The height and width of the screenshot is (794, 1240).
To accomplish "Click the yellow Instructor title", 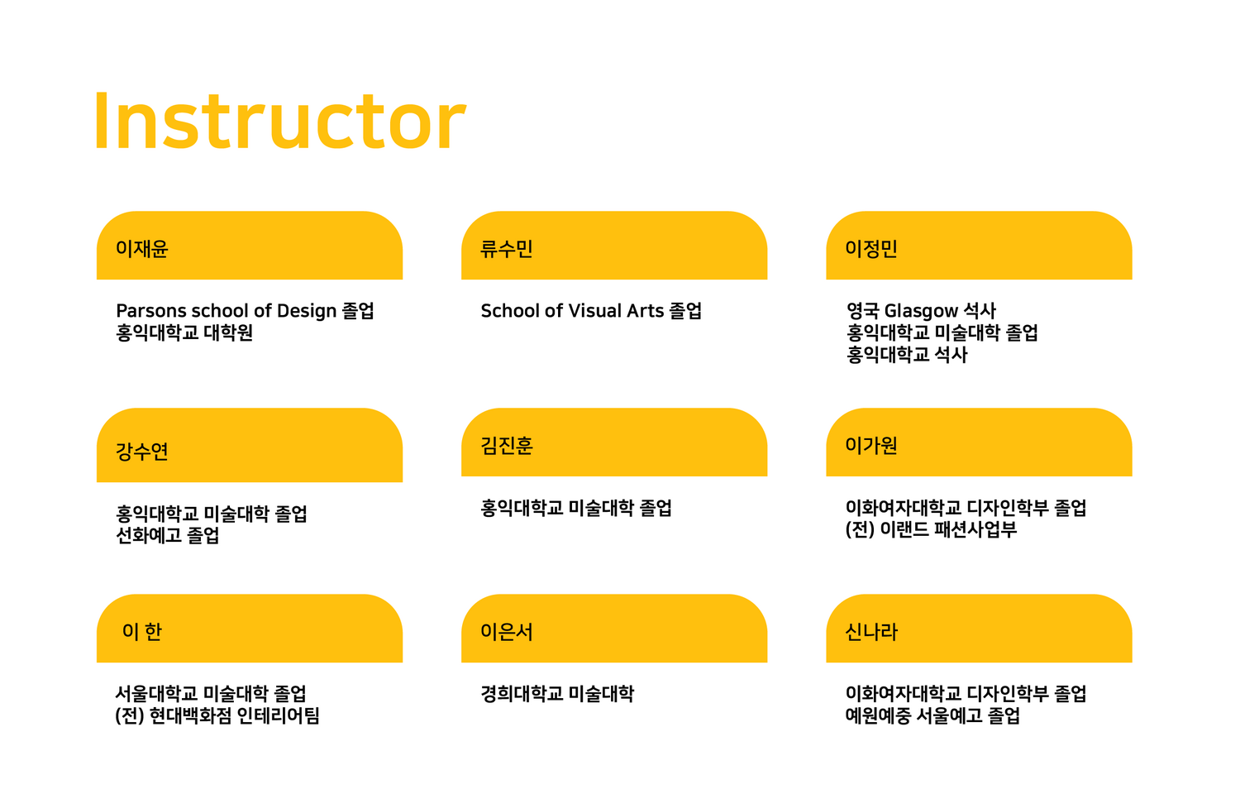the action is click(x=280, y=122).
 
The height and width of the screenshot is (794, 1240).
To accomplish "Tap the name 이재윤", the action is click(x=141, y=249).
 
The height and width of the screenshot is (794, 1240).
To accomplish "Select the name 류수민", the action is click(x=507, y=249).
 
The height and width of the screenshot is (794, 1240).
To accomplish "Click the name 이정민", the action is click(x=871, y=249).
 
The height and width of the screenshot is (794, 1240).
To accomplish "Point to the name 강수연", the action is click(x=141, y=452).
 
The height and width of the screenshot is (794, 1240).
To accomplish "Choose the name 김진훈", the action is click(x=507, y=446).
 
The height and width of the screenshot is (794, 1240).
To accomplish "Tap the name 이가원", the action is click(x=871, y=446).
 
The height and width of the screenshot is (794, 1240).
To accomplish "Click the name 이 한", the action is click(x=141, y=632).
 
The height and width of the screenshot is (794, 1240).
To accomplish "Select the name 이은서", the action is click(x=507, y=632).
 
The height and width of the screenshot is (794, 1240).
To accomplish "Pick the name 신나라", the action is click(x=871, y=632).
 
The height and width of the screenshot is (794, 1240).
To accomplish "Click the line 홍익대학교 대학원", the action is click(x=184, y=332).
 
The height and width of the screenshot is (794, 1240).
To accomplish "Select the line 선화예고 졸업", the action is click(x=167, y=535).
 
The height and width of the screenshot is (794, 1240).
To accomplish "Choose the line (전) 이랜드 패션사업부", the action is click(x=931, y=530).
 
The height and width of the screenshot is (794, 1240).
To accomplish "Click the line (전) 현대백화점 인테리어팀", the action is click(x=217, y=716).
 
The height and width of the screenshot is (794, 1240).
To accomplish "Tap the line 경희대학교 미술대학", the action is click(x=557, y=694).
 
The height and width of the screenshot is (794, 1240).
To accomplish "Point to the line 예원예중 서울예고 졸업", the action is click(x=932, y=716).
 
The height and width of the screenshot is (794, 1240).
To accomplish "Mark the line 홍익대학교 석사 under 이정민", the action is click(x=907, y=355).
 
